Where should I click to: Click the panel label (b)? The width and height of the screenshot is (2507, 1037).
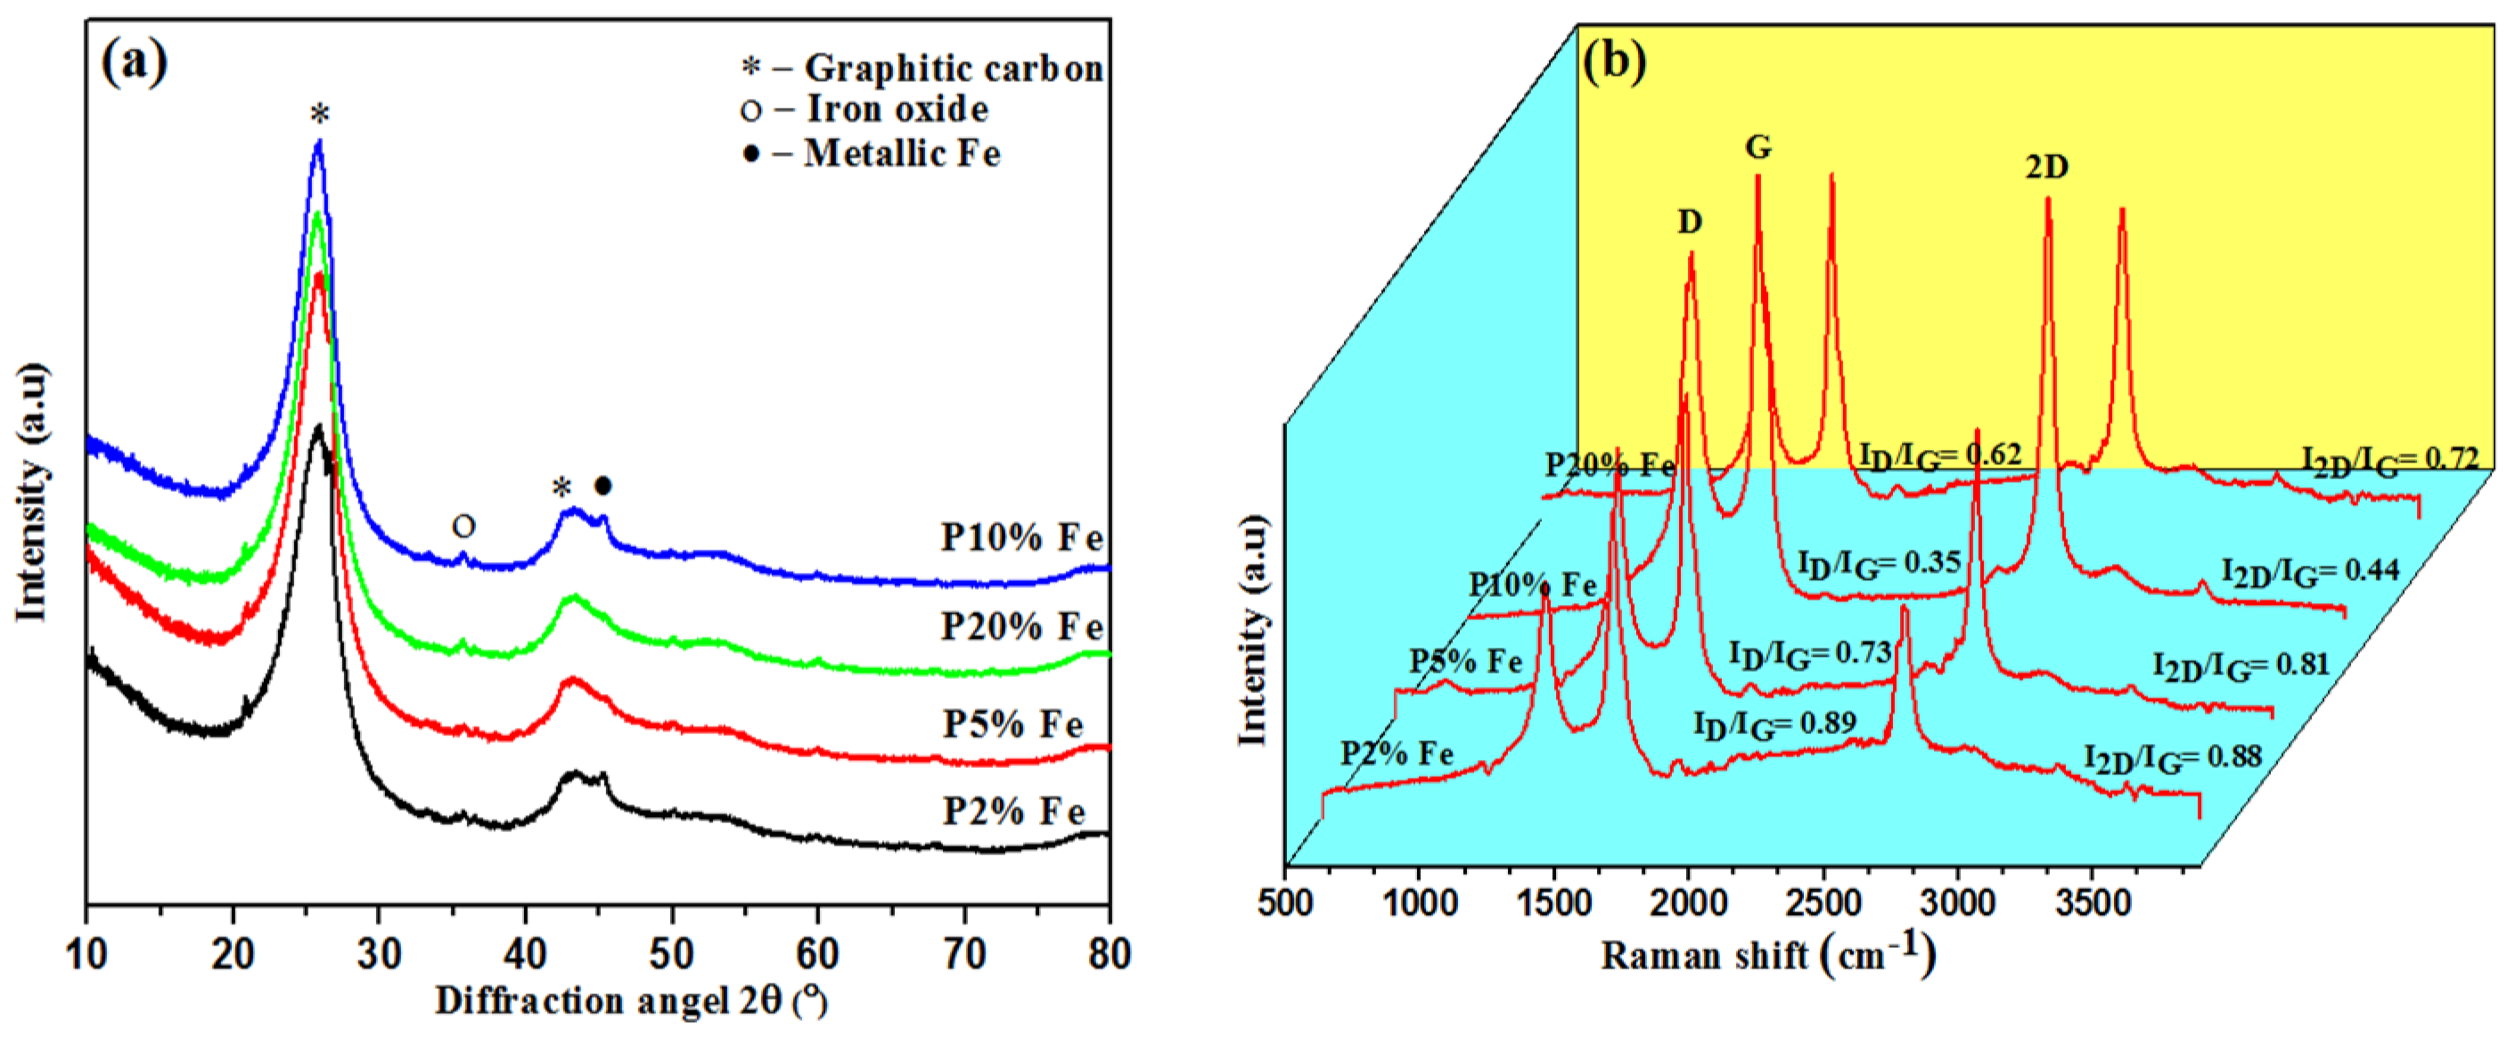coord(1615,61)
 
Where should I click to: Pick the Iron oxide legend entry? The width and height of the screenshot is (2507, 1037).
coord(864,109)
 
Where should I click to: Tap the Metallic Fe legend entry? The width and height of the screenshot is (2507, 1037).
coord(872,154)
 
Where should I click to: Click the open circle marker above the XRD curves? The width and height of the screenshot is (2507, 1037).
coord(463,527)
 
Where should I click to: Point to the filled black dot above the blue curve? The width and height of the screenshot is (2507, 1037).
coord(602,485)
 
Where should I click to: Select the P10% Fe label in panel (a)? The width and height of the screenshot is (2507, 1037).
coord(1022,537)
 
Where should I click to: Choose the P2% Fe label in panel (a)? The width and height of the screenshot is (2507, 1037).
coord(1013,811)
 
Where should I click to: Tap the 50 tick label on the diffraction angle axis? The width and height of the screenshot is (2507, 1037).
coord(671,954)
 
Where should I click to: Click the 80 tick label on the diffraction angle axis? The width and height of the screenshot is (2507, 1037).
coord(1109,954)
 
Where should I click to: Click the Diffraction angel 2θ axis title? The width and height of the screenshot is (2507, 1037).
coord(631,1001)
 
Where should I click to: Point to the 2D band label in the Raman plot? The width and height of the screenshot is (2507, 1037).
coord(2046,167)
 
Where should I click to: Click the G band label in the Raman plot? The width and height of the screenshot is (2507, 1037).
coord(1757,147)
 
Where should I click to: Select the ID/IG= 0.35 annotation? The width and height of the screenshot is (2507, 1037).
coord(1879,563)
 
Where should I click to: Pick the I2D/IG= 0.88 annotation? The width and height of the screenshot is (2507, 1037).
coord(2172,758)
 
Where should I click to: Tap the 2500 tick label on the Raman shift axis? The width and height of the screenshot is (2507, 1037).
coord(1822,902)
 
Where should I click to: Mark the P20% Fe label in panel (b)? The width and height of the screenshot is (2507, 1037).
coord(1610,465)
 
